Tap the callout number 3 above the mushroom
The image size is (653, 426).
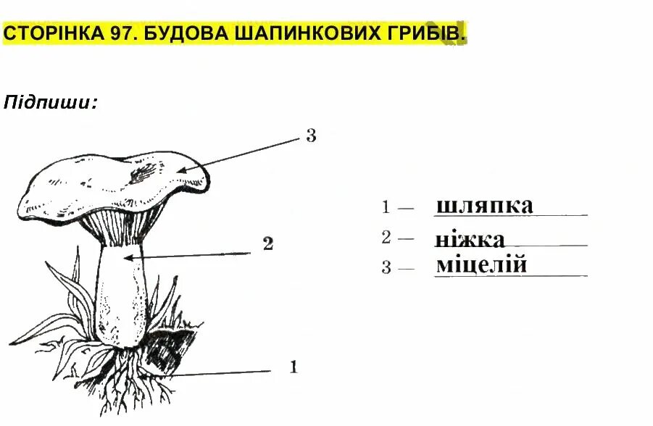(x=311, y=135)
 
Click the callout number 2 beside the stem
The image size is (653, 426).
(x=267, y=244)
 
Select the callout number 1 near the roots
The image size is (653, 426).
(x=294, y=367)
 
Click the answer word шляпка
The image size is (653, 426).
(x=484, y=206)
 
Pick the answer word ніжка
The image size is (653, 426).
(x=470, y=239)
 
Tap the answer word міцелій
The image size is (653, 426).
(x=481, y=265)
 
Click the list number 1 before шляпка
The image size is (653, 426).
(x=386, y=208)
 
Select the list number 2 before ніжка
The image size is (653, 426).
(x=386, y=237)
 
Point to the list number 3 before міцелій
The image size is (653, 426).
(x=386, y=268)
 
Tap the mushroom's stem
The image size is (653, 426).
(x=123, y=297)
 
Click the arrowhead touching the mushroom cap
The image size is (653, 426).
(x=182, y=170)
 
